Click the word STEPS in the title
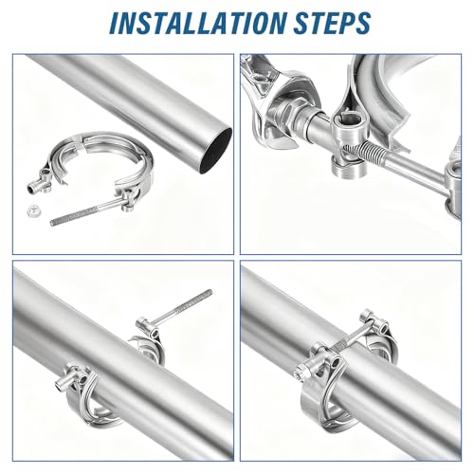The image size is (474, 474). click(332, 23)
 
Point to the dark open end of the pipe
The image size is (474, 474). click(216, 151)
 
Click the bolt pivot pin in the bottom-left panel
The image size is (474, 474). click(147, 327)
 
